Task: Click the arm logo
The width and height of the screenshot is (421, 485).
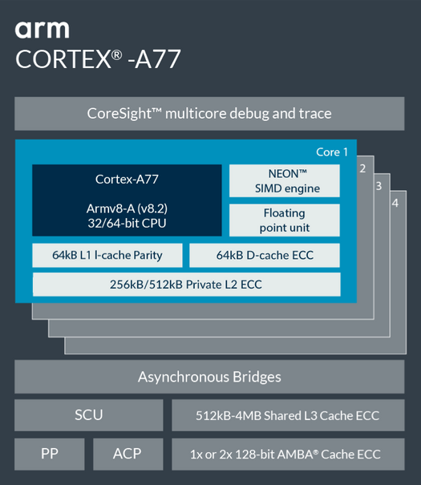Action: click(x=42, y=30)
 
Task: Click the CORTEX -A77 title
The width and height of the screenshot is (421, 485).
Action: click(x=98, y=59)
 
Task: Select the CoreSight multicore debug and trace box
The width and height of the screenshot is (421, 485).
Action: click(x=209, y=114)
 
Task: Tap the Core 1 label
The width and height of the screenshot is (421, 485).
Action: click(x=332, y=152)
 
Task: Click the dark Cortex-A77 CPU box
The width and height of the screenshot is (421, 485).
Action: click(x=127, y=200)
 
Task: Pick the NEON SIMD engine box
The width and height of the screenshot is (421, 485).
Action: click(x=285, y=181)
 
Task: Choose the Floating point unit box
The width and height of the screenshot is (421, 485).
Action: click(x=285, y=220)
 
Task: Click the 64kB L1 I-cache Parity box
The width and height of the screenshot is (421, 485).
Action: click(x=107, y=255)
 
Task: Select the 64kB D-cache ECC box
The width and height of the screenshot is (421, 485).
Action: click(x=265, y=255)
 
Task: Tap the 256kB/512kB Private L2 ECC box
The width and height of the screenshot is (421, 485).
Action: click(x=187, y=285)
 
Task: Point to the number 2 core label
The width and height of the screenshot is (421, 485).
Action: click(x=362, y=168)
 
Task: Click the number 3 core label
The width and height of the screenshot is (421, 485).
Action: click(x=378, y=186)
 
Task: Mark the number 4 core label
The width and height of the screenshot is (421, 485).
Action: click(x=395, y=203)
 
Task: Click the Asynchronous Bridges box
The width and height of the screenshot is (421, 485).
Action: click(x=209, y=377)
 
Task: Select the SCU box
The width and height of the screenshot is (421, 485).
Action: click(x=89, y=415)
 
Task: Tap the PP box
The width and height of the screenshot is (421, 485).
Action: click(x=50, y=454)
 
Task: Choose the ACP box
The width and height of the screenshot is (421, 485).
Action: click(x=128, y=454)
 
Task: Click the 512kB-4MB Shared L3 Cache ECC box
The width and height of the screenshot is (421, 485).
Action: click(x=288, y=415)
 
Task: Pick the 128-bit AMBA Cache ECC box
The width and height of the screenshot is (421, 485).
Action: click(x=288, y=454)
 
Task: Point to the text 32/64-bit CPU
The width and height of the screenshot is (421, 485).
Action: click(x=127, y=223)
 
